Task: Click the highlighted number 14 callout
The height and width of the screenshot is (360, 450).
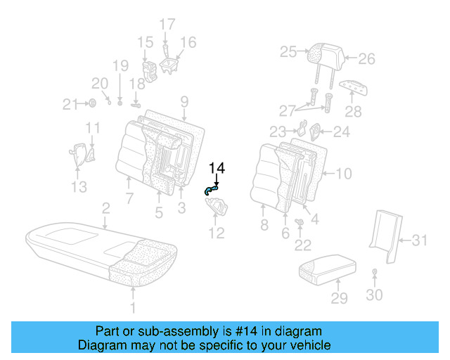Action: click(217, 168)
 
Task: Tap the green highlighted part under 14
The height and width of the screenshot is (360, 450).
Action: click(211, 188)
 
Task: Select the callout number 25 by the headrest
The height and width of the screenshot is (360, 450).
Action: click(288, 51)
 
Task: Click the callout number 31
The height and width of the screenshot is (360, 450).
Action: click(419, 241)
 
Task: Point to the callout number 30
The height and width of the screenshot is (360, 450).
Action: click(374, 295)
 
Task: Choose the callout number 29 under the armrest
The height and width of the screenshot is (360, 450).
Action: click(340, 297)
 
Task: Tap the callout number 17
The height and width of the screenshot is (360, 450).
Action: click(167, 25)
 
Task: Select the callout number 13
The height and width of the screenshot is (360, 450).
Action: click(79, 186)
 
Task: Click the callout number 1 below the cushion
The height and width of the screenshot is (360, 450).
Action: click(134, 307)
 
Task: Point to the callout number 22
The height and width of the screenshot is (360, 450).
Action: click(302, 245)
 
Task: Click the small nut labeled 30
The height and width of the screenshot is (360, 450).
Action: click(375, 272)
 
